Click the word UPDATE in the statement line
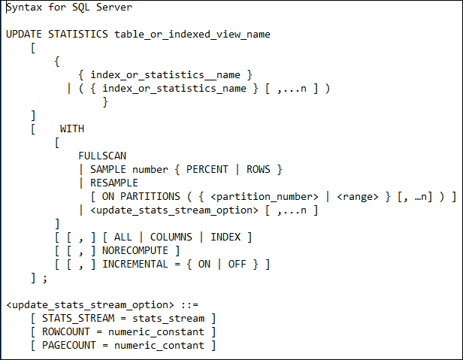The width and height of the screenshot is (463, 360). [24, 35]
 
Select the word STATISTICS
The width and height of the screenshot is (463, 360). [78, 35]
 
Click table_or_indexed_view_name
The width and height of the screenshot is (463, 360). [192, 35]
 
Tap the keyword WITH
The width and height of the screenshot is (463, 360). [72, 129]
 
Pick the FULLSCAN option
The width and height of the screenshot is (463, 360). [102, 156]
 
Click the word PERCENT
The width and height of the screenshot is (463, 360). [207, 170]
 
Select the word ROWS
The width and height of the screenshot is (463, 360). [259, 170]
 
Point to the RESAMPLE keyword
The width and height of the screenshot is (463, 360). [114, 183]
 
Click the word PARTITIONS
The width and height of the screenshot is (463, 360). [150, 197]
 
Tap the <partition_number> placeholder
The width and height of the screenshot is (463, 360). [265, 197]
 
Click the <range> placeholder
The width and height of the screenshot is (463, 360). [358, 197]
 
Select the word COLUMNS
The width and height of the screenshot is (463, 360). [171, 237]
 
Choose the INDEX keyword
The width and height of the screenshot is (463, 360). [225, 237]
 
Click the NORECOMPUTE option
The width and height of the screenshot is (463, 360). [135, 251]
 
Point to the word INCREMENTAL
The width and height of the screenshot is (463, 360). [135, 265]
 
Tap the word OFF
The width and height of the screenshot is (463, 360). [237, 265]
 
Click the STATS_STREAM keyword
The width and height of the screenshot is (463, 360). [78, 319]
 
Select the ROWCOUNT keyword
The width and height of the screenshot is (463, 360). [66, 332]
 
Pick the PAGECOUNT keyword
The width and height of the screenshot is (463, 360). [69, 346]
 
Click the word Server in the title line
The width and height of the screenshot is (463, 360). [114, 7]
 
